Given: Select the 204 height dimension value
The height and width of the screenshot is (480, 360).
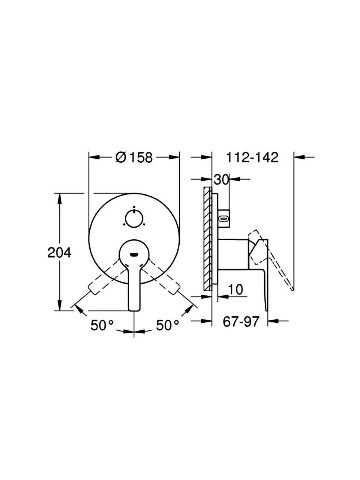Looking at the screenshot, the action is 59,253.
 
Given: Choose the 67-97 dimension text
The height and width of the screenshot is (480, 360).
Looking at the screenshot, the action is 241,322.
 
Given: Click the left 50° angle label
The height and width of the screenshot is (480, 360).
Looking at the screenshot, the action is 102,325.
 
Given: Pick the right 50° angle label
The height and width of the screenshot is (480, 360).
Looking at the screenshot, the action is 167,325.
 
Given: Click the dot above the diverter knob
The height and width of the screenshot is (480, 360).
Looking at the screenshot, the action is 134,207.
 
